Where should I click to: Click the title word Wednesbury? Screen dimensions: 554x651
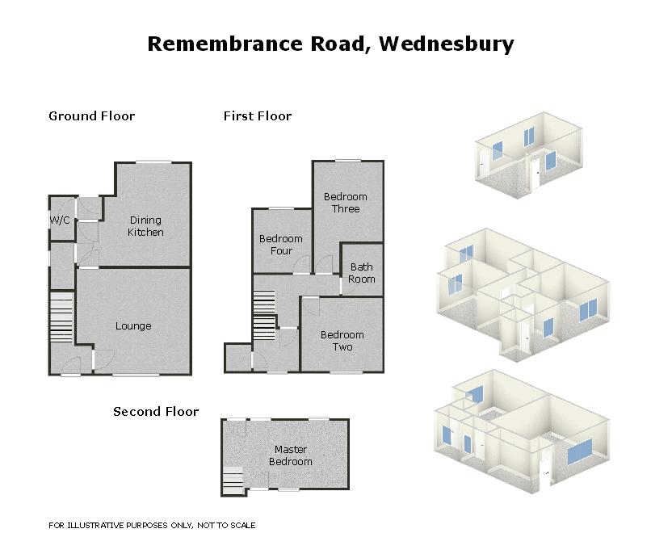[x=446, y=44]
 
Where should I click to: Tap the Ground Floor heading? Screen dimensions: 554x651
[x=91, y=115]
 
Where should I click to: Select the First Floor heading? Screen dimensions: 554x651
[x=257, y=115]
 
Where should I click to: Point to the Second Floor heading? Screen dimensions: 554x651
[x=155, y=411]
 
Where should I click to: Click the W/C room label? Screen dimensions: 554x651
[x=60, y=220]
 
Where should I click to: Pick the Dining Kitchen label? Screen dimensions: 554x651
[x=145, y=226]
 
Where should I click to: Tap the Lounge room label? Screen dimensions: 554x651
[x=133, y=326]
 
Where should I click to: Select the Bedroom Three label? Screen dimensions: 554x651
[x=345, y=203]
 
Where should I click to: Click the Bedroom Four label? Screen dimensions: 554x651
[x=280, y=245]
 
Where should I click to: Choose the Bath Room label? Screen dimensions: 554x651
[x=361, y=273]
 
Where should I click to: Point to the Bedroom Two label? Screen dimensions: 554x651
[x=342, y=341]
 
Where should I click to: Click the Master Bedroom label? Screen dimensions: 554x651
[x=290, y=455]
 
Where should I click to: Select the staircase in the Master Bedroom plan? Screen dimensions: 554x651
[x=232, y=481]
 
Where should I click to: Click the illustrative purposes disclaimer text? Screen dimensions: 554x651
[x=152, y=525]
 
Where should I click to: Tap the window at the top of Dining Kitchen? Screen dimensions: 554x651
[x=153, y=162]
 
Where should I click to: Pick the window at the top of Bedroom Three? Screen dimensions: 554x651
[x=348, y=161]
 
